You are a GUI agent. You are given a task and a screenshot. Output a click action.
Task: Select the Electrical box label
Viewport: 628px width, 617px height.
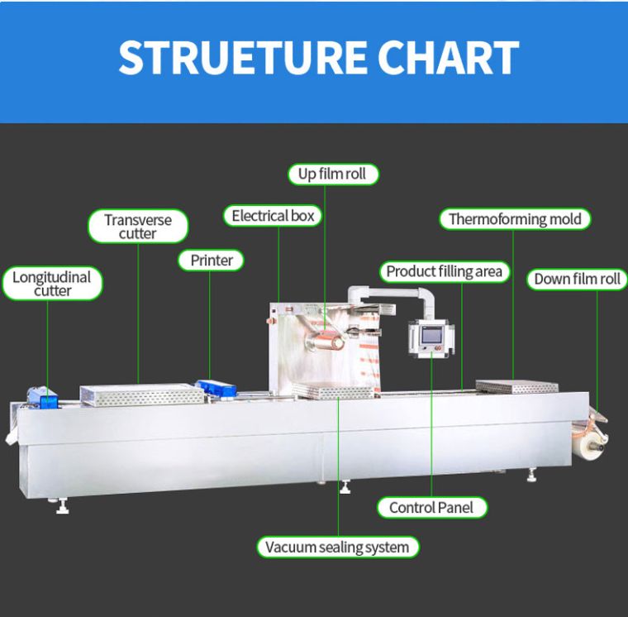pyautogui.click(x=273, y=216)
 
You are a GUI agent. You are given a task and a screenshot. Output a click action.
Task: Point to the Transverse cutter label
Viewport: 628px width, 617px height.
pyautogui.click(x=138, y=227)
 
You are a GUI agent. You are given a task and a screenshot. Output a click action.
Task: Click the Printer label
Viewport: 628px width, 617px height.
pyautogui.click(x=212, y=261)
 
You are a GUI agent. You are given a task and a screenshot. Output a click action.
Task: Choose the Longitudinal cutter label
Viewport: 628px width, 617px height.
pyautogui.click(x=52, y=284)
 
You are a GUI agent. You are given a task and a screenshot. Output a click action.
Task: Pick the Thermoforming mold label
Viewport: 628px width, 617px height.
pyautogui.click(x=514, y=219)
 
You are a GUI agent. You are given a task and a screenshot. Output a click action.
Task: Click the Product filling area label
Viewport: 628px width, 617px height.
pyautogui.click(x=444, y=271)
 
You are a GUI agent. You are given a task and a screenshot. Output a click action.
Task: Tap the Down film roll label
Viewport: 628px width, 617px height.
pyautogui.click(x=577, y=280)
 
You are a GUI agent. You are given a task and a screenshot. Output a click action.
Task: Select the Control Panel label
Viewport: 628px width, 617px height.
pyautogui.click(x=431, y=507)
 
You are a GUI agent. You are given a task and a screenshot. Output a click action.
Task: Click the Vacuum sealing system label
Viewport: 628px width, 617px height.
pyautogui.click(x=336, y=547)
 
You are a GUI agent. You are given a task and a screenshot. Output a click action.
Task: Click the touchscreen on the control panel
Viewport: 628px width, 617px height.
pyautogui.click(x=431, y=335)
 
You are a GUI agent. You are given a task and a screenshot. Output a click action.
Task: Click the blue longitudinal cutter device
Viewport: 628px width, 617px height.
pyautogui.click(x=43, y=398)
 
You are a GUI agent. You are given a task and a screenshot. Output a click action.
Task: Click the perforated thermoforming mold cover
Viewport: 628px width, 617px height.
pyautogui.click(x=513, y=386)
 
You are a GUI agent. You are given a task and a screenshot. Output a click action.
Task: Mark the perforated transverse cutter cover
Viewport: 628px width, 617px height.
pyautogui.click(x=141, y=394)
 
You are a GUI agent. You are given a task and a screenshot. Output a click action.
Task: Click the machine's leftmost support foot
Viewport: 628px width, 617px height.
pyautogui.click(x=62, y=506)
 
